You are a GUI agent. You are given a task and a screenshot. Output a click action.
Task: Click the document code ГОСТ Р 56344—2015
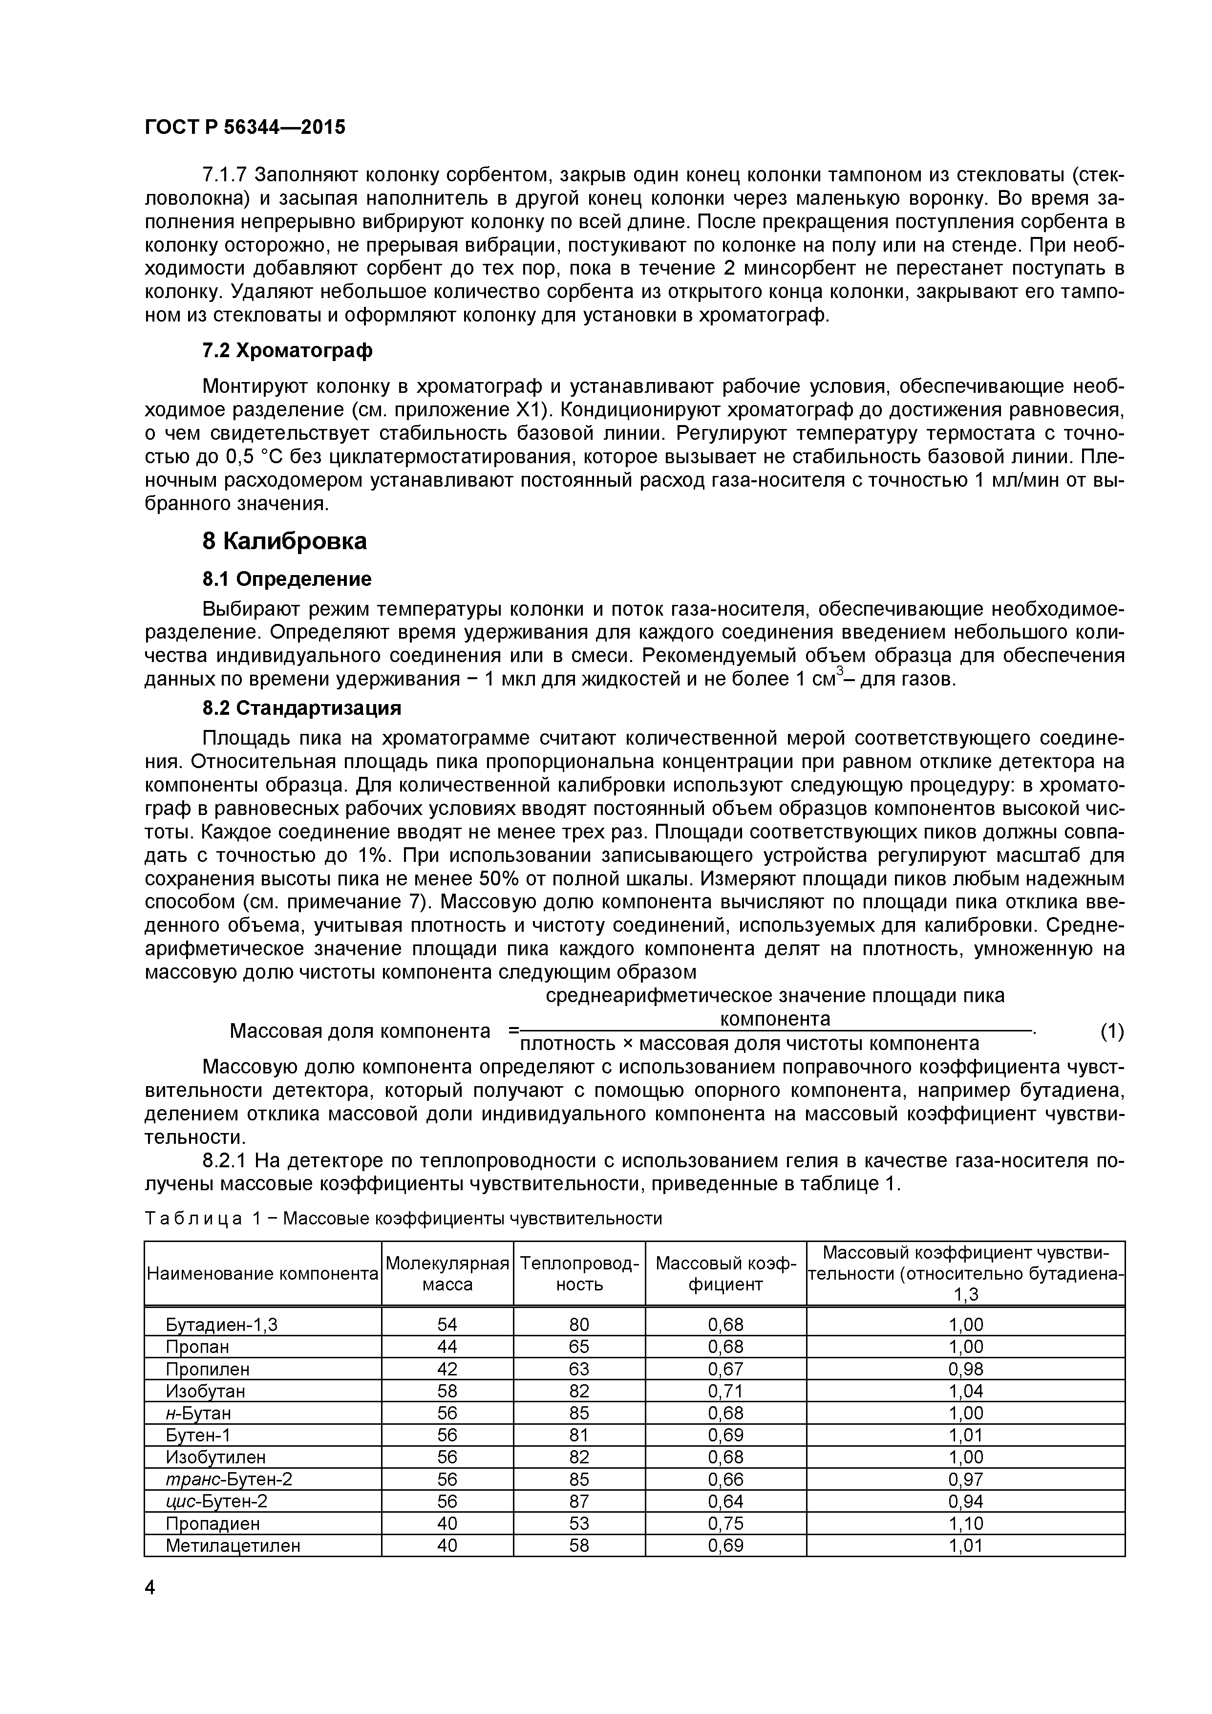(245, 128)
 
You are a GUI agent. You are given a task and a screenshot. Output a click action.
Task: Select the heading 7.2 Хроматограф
(287, 350)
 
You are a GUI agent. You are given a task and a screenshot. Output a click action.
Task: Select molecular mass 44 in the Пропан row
(447, 1347)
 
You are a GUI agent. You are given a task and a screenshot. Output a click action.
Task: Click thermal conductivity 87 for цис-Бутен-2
(579, 1501)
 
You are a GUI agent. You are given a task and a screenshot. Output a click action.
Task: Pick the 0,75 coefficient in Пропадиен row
(725, 1523)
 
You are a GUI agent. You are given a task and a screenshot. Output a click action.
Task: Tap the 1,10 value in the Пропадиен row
(966, 1523)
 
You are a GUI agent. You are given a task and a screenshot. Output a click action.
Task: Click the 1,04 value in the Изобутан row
(966, 1391)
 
